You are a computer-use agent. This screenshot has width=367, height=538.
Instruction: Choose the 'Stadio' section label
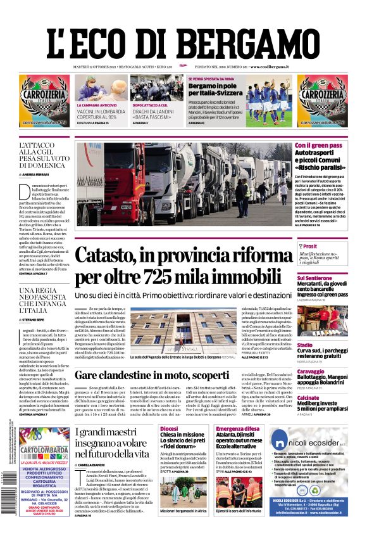click(305, 345)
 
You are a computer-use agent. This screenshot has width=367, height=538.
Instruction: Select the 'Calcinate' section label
click(309, 398)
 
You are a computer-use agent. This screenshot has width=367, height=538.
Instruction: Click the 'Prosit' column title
click(310, 247)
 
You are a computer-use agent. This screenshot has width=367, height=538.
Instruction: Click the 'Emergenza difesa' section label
click(237, 429)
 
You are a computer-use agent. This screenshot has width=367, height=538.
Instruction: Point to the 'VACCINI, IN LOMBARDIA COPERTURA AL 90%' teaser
click(101, 113)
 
